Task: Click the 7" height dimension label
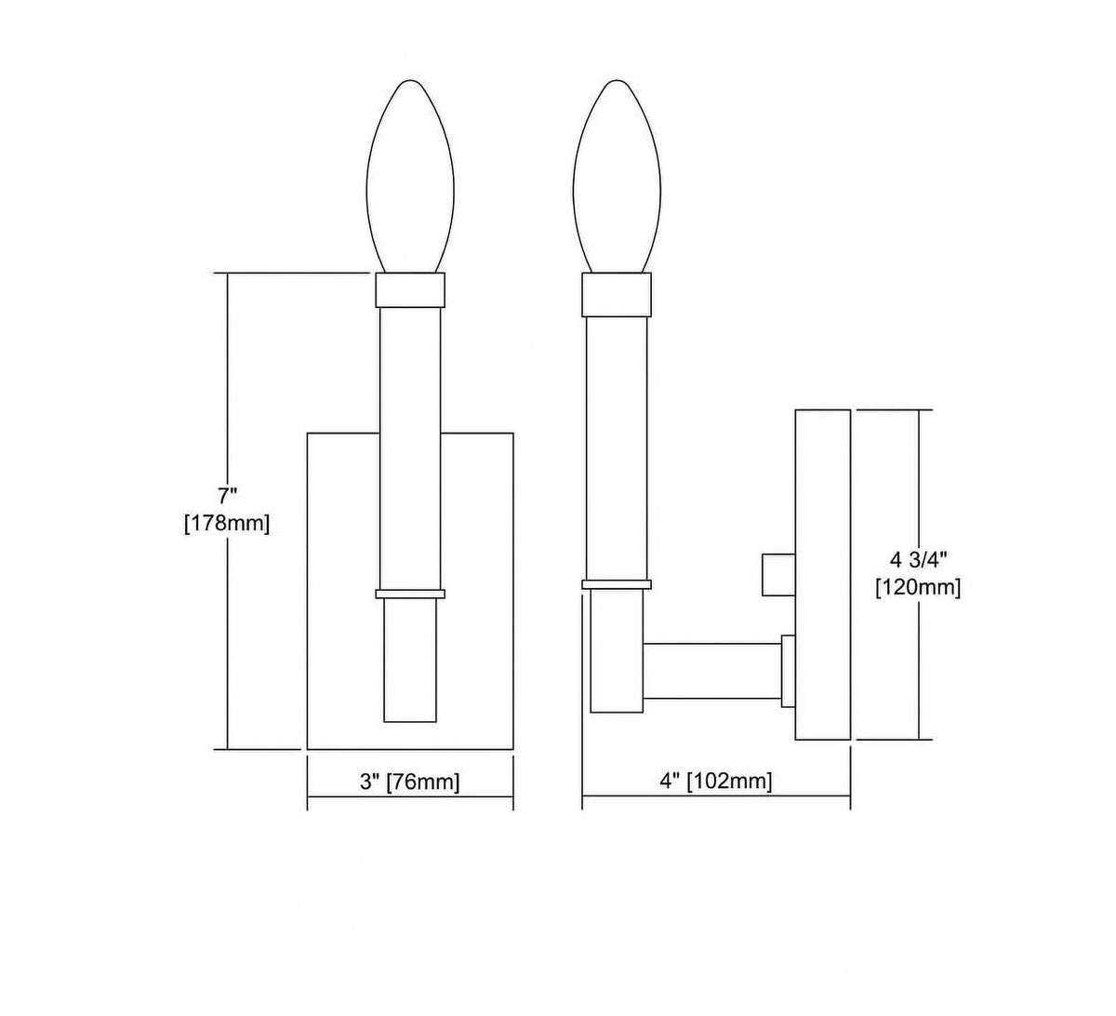(x=227, y=494)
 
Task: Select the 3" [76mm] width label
(x=410, y=782)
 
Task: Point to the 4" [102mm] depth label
(x=716, y=782)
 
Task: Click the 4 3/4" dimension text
(x=918, y=560)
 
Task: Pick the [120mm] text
(x=919, y=588)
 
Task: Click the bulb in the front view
(x=410, y=177)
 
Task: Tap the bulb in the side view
(x=617, y=177)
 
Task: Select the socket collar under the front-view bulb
(x=410, y=290)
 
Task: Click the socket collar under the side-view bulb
(x=617, y=295)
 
